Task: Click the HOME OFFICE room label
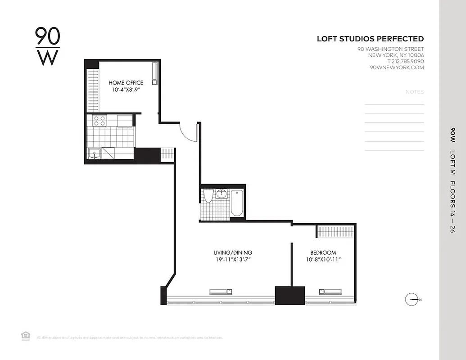(x=126, y=83)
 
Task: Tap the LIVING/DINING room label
(x=233, y=252)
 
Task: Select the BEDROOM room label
(x=323, y=253)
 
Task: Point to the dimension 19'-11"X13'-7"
(x=233, y=260)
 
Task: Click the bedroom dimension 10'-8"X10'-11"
(x=323, y=260)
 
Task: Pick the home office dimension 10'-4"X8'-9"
(x=126, y=90)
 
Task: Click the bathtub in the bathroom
(x=237, y=203)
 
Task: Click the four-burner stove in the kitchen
(x=100, y=121)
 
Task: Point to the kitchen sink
(x=95, y=153)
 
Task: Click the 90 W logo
(x=47, y=46)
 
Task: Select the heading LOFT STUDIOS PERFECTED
(x=370, y=39)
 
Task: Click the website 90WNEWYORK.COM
(x=397, y=67)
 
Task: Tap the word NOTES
(x=415, y=92)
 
